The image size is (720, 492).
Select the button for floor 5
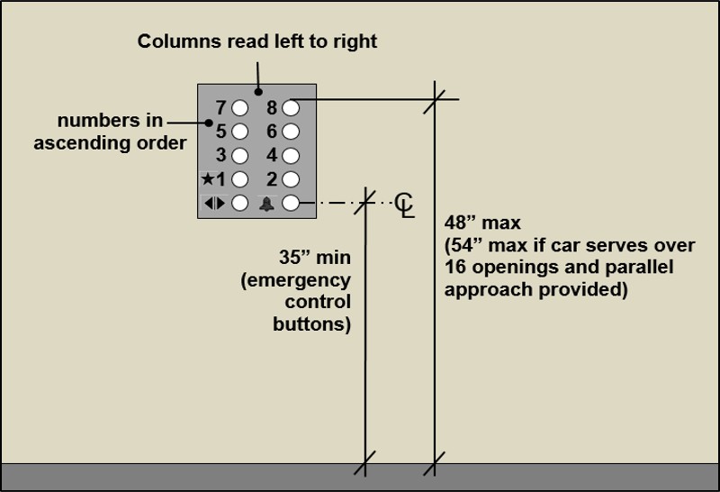(239, 132)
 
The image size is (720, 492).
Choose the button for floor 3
(239, 155)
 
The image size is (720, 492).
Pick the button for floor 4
(290, 155)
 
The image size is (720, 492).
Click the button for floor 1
(239, 178)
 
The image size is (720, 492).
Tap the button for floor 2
(290, 178)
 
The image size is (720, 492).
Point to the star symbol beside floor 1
(208, 178)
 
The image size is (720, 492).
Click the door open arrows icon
(214, 203)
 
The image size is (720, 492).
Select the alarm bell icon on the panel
(266, 204)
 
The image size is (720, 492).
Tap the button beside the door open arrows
(239, 203)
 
